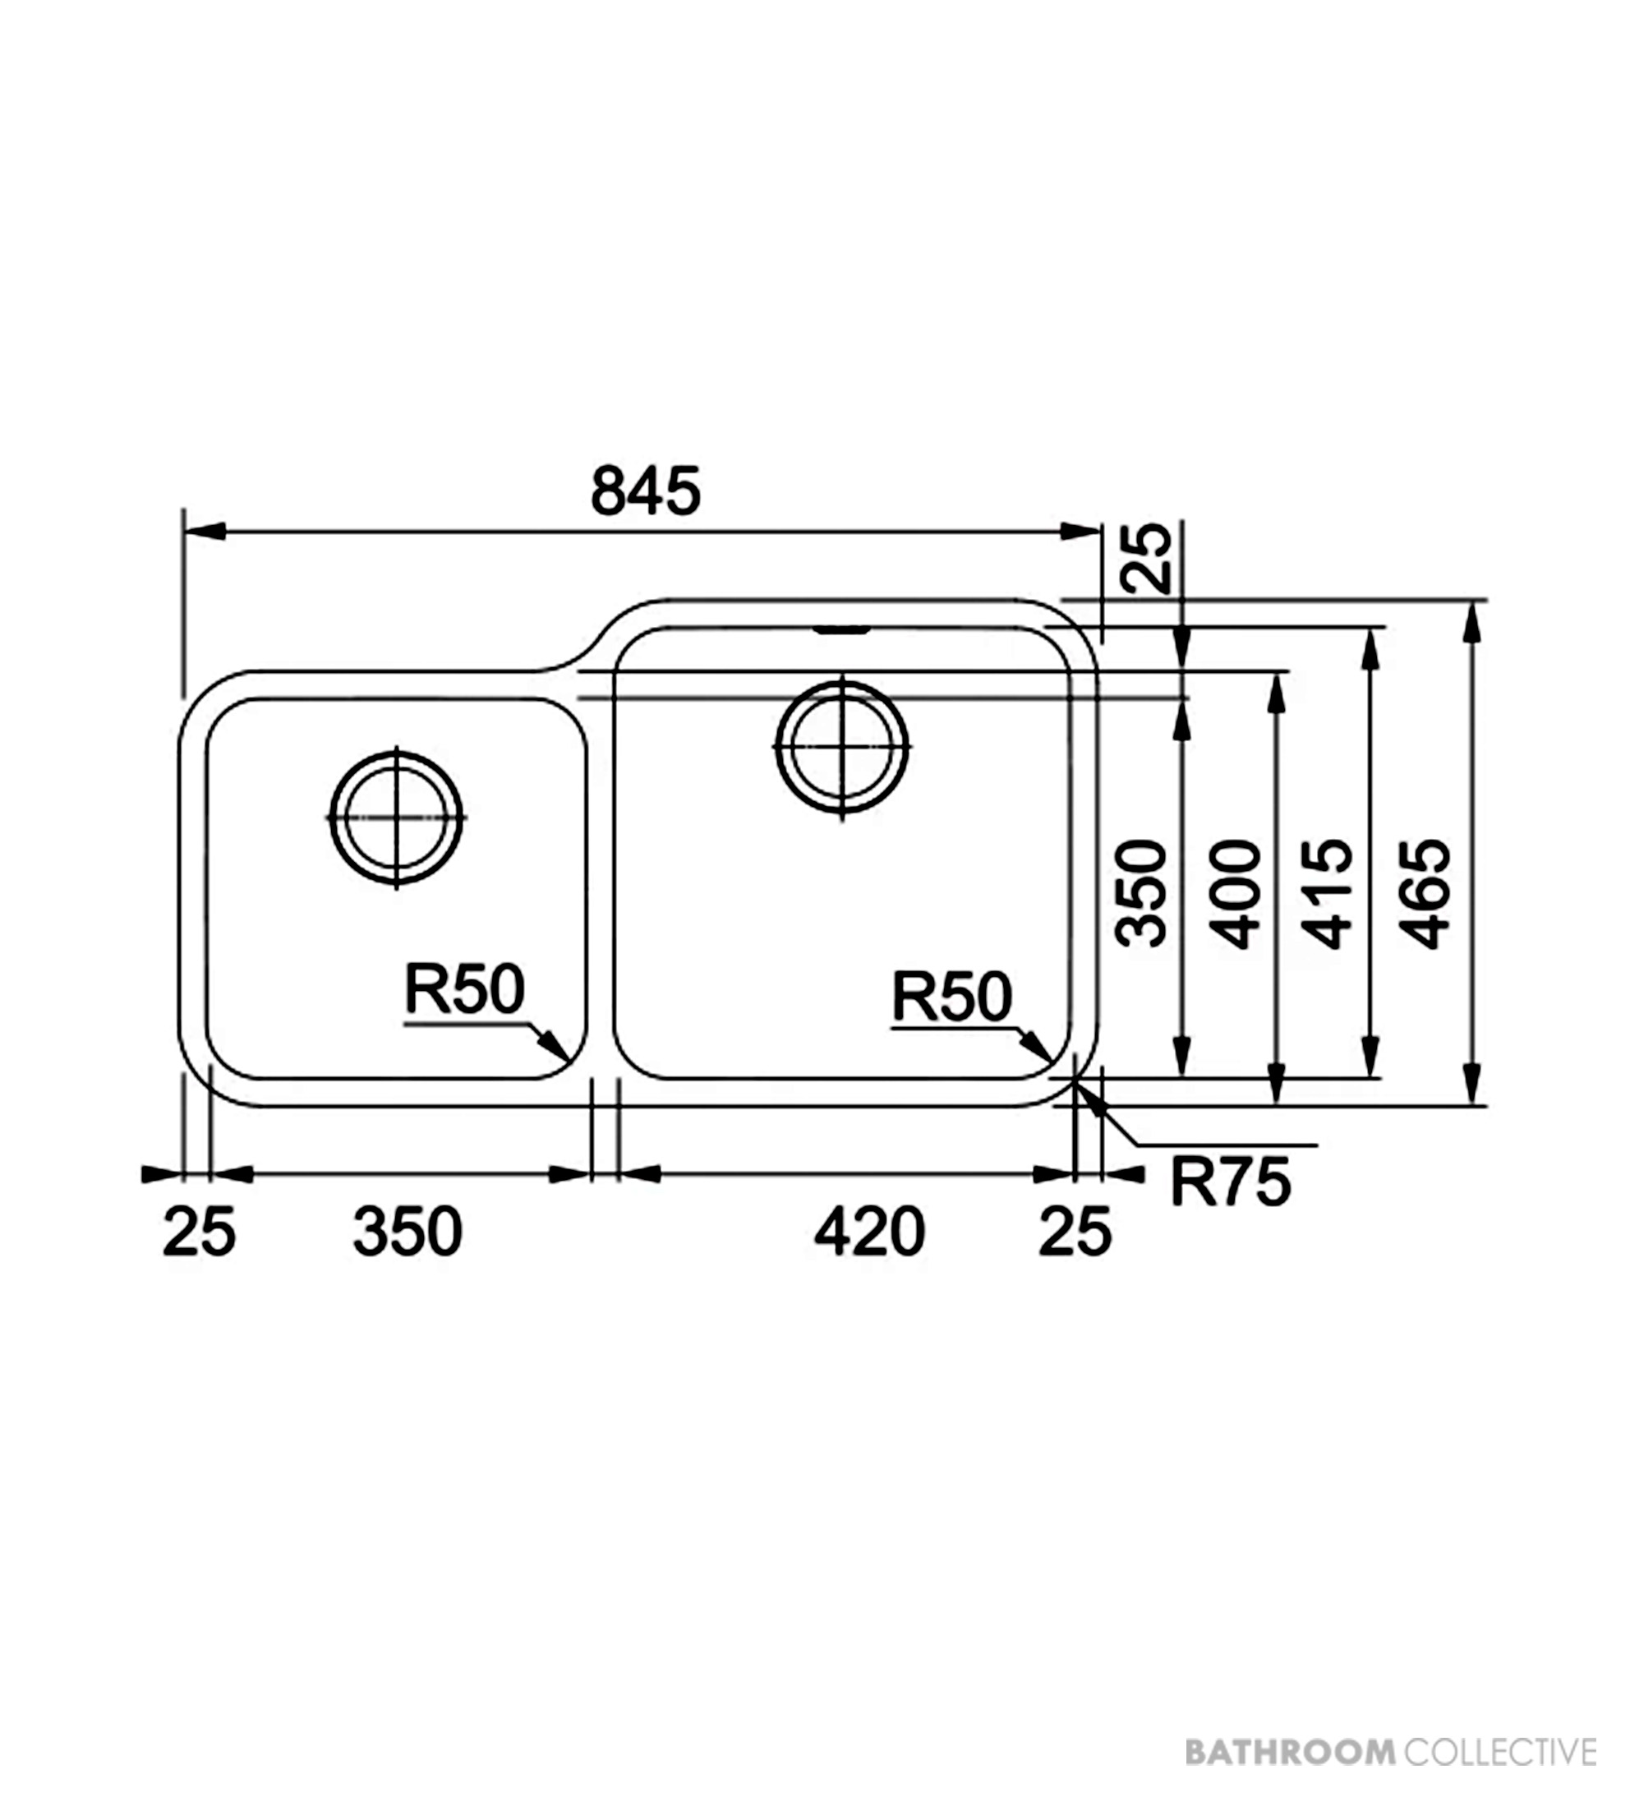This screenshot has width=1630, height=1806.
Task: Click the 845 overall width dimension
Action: (645, 492)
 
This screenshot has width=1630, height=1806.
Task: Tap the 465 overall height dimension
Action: (1425, 893)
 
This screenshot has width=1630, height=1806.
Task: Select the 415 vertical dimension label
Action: (1328, 893)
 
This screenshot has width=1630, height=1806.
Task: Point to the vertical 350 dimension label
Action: (1142, 893)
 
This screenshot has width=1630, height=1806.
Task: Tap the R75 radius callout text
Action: (1231, 1182)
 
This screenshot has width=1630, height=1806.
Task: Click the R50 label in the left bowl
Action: (464, 988)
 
